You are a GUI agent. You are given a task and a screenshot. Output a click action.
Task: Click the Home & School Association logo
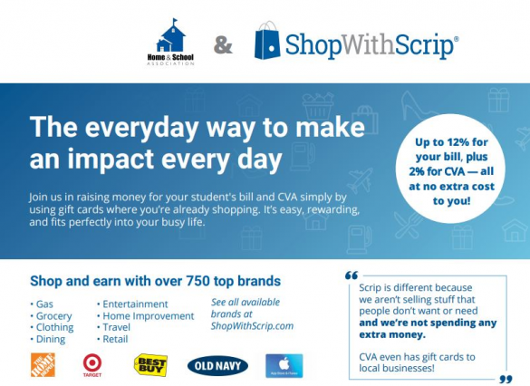pos(170,42)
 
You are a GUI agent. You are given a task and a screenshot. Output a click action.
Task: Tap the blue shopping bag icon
pos(267,41)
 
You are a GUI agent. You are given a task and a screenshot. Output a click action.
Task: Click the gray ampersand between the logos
pos(223,45)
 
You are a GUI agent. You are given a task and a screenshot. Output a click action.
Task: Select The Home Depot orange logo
pos(43,364)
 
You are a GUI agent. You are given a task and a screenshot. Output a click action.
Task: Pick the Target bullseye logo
pos(92,365)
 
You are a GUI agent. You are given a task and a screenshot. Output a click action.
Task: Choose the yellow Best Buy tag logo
pos(150,364)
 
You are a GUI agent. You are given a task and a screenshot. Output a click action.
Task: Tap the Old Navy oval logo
pos(217,366)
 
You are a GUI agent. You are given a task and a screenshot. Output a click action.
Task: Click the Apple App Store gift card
pos(284,365)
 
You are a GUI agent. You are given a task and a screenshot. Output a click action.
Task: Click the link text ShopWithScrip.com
pos(252,326)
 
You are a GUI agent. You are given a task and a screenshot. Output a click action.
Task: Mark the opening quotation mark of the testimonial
pos(352,275)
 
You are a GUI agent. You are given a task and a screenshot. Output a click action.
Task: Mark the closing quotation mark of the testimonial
pos(506,379)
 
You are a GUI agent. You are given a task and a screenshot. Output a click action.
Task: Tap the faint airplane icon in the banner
pos(360,179)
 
